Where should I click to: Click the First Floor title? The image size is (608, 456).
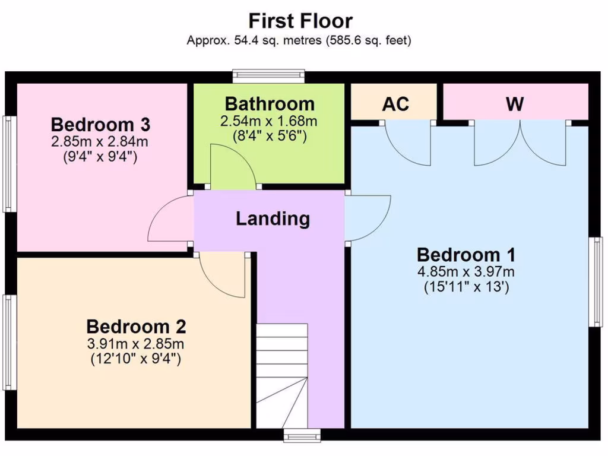pos(300,21)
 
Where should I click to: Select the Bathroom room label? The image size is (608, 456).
pos(270,104)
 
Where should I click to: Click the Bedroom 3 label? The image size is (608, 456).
pos(100,125)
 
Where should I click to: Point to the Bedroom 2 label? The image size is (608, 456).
pos(136,327)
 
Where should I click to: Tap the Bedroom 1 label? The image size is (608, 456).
pos(466,255)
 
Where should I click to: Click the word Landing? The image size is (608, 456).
pos(273,218)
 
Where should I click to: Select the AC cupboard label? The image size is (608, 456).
pos(395,104)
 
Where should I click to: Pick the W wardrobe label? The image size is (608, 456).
pos(515,104)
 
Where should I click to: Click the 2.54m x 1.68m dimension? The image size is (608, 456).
pos(269,121)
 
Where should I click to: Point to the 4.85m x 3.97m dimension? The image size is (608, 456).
pos(466,271)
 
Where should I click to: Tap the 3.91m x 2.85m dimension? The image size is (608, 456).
pos(136,344)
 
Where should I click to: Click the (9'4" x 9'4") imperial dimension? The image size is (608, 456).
pos(100,157)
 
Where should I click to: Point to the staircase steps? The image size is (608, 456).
pos(282,376)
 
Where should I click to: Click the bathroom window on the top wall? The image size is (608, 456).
pos(269,76)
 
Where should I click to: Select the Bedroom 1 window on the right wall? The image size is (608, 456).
pos(596,282)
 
